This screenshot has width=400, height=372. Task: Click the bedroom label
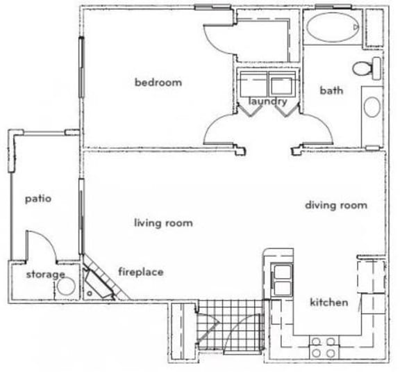pos(158,83)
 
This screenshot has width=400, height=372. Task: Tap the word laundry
pos(267,102)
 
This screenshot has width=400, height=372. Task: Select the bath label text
pos(328,90)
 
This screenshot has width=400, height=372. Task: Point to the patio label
pos(39,198)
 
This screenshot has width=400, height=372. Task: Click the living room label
pos(163,223)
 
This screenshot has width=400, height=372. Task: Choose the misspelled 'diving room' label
pos(335,205)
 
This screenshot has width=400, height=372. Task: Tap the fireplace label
pos(140,272)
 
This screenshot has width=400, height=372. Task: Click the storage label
pos(45,275)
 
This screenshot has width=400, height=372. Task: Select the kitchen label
pos(328,302)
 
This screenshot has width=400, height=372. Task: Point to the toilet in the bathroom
pos(365,68)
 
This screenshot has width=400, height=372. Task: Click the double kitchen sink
pos(283,279)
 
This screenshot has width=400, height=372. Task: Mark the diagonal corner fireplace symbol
pos(99,279)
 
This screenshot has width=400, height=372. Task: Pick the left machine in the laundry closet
pos(247,84)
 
